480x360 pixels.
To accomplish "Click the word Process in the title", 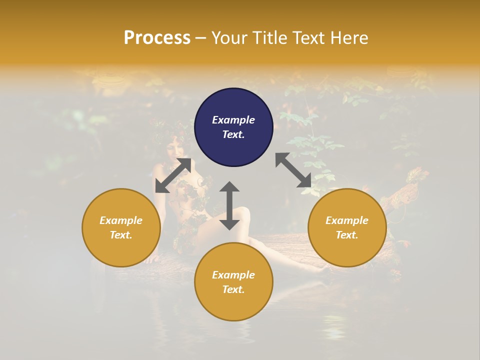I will click(157, 38).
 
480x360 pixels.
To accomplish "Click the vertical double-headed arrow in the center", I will click(229, 205).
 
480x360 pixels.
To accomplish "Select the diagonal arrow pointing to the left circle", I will click(173, 175).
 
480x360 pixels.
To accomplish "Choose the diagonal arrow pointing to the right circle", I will click(293, 170).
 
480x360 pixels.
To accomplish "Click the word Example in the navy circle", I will click(233, 120).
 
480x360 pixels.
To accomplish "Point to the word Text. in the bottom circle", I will click(233, 289).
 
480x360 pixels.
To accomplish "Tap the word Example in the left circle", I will click(121, 220).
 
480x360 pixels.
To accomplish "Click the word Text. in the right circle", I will click(347, 235).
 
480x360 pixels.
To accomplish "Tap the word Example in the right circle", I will click(347, 220).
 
